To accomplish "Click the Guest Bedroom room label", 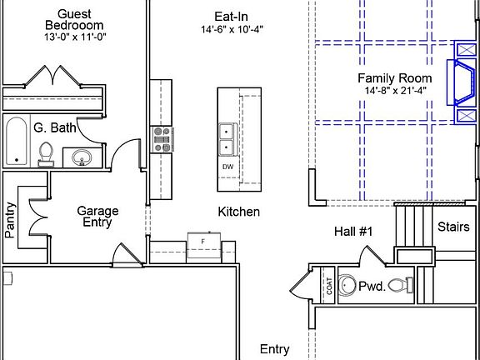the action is click(x=74, y=20).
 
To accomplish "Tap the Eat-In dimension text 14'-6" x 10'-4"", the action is click(x=232, y=29).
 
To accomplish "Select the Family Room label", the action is click(x=395, y=78).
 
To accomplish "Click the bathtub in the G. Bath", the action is click(x=17, y=141).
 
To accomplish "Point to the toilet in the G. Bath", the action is click(x=46, y=154).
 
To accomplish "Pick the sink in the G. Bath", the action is click(x=82, y=157).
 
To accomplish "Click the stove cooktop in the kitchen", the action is click(x=162, y=139).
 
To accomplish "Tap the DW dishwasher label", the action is click(x=227, y=167).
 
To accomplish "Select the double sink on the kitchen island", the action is click(x=227, y=139).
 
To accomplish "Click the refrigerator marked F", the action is click(x=204, y=245).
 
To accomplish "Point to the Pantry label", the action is click(x=10, y=220).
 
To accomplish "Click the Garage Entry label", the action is click(x=97, y=217).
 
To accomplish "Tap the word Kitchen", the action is click(x=239, y=212).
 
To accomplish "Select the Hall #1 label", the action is click(x=353, y=232).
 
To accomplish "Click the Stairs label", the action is click(x=453, y=227).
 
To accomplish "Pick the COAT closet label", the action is click(x=329, y=286).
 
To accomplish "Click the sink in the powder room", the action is click(x=347, y=285).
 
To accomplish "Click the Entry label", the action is click(x=275, y=349).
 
